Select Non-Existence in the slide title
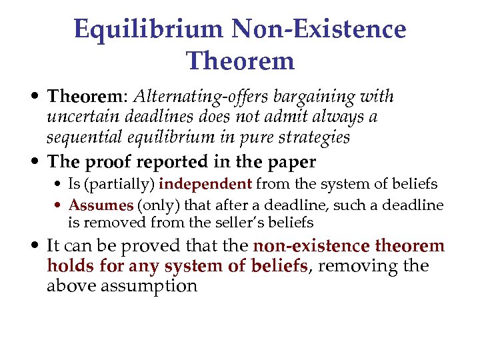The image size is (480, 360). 319,29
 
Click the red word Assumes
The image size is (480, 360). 101,205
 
